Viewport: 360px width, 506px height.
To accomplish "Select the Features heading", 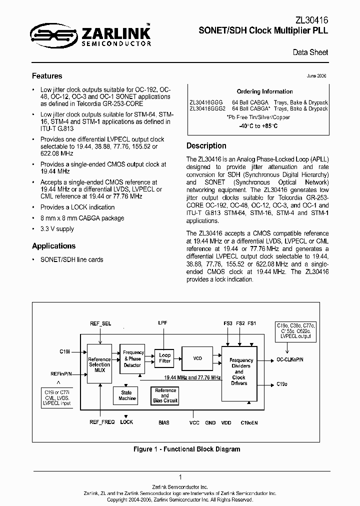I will tap(47, 76).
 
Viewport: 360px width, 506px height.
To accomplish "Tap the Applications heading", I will tap(53, 245).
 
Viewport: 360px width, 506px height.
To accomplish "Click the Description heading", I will tap(206, 145).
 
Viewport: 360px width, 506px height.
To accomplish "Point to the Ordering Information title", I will tap(257, 91).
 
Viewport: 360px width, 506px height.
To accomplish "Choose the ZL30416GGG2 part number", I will tap(208, 108).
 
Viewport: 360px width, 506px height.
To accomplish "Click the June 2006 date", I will tap(316, 75).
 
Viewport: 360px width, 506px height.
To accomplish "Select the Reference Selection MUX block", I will tap(99, 363).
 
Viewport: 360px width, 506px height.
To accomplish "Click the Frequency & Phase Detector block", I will tap(132, 358).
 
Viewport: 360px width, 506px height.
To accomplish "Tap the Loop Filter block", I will tap(164, 357).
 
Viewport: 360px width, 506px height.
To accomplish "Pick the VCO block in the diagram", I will tap(197, 358).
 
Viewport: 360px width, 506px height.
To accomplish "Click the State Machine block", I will tap(127, 395).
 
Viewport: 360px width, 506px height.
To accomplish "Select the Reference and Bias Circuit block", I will tap(165, 395).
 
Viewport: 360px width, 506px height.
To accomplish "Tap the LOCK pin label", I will tap(126, 422).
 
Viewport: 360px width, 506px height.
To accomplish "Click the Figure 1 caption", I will tap(186, 449).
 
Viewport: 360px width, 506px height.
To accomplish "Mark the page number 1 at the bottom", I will tap(180, 477).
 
